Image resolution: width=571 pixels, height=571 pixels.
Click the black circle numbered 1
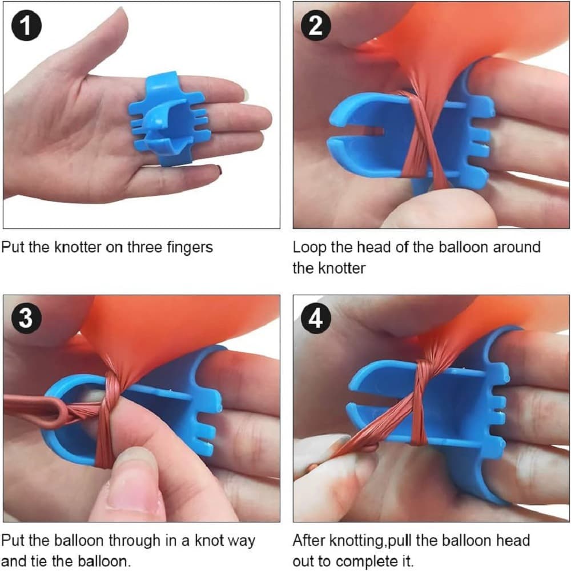click(x=26, y=26)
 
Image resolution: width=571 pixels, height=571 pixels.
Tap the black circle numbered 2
click(x=316, y=26)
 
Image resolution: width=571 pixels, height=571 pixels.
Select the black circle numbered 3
click(x=26, y=318)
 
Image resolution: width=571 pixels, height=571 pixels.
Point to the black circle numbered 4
click(x=316, y=319)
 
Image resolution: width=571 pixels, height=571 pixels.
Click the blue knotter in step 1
click(x=166, y=118)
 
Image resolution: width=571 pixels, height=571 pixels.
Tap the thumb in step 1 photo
click(x=109, y=40)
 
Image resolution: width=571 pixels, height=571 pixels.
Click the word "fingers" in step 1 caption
click(x=190, y=247)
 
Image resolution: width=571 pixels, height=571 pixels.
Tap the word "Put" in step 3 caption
click(x=13, y=540)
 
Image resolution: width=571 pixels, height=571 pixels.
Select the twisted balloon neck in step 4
click(x=419, y=401)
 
